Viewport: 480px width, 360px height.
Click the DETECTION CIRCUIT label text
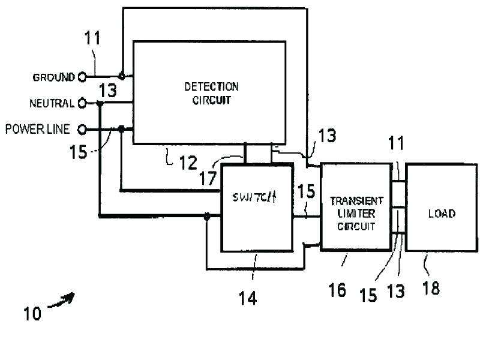(211, 94)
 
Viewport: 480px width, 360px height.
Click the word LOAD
(442, 214)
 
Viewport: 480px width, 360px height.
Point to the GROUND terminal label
(54, 77)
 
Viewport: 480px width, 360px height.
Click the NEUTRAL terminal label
(52, 103)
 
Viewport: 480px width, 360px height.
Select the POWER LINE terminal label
(38, 128)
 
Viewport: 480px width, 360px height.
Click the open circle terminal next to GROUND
(82, 76)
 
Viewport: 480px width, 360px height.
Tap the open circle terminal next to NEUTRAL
(82, 103)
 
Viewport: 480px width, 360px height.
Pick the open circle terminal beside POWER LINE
(82, 128)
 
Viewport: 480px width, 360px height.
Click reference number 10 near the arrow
(33, 313)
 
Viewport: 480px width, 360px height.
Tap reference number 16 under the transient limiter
(337, 290)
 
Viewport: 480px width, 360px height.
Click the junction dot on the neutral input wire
(100, 103)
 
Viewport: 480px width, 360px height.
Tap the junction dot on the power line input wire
(121, 128)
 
